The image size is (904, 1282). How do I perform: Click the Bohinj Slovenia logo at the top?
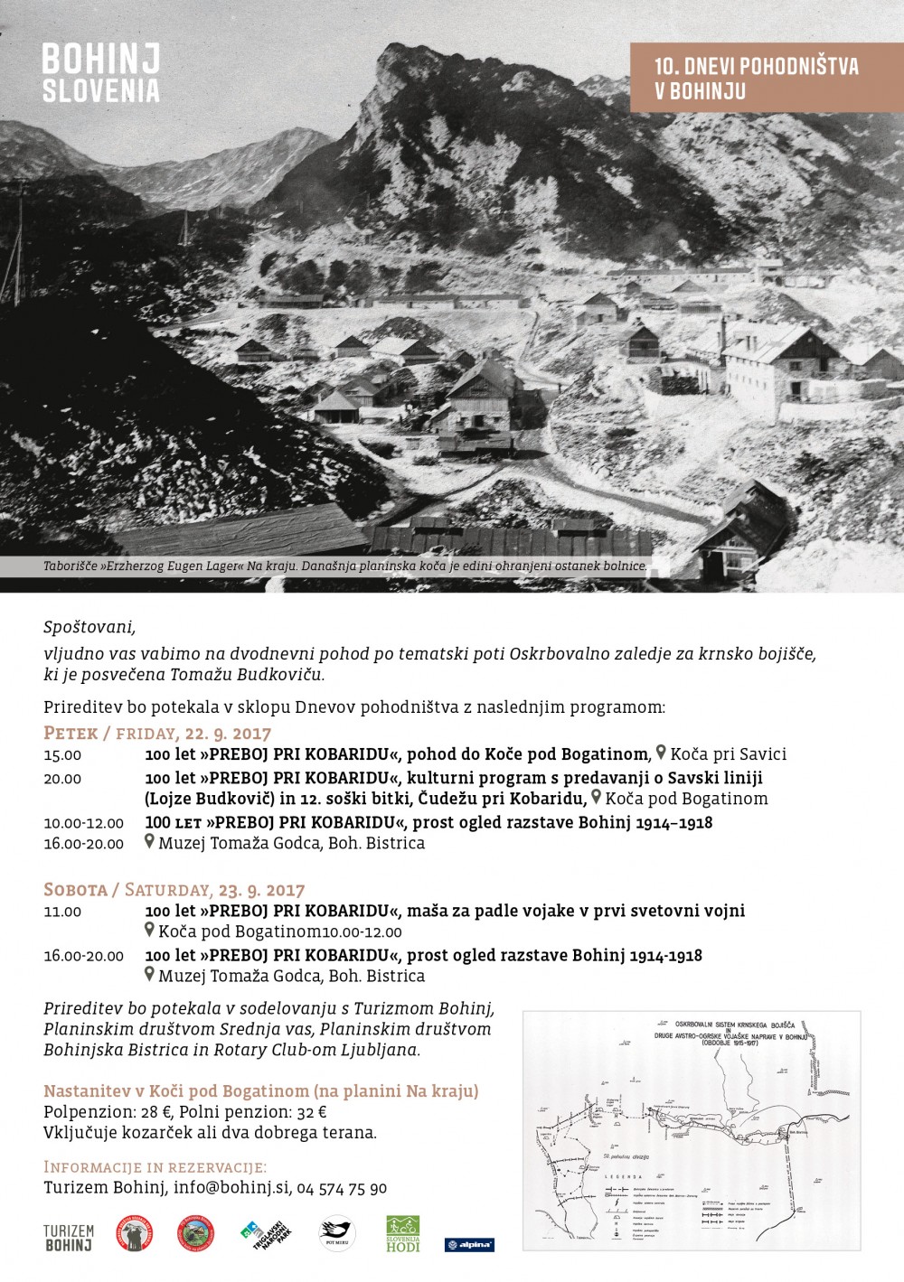(x=100, y=73)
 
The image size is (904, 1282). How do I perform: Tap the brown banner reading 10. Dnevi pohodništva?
(x=756, y=79)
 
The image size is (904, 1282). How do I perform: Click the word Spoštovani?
(x=89, y=626)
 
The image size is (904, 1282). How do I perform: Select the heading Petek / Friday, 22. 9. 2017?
(x=157, y=733)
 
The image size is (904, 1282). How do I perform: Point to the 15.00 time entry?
(x=62, y=755)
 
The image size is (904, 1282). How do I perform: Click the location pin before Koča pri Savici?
(x=661, y=753)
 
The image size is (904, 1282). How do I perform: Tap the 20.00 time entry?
(x=62, y=779)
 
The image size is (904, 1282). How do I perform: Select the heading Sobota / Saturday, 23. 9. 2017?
(x=174, y=890)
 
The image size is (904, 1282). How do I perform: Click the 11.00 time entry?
(x=62, y=912)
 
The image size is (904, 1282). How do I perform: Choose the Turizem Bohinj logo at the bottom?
(x=69, y=1238)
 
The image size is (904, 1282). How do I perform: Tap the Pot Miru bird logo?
(x=337, y=1234)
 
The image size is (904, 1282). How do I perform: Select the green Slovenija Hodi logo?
(x=403, y=1234)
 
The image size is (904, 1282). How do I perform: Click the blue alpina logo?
(x=469, y=1244)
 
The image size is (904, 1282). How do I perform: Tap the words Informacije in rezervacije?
(x=155, y=1167)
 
